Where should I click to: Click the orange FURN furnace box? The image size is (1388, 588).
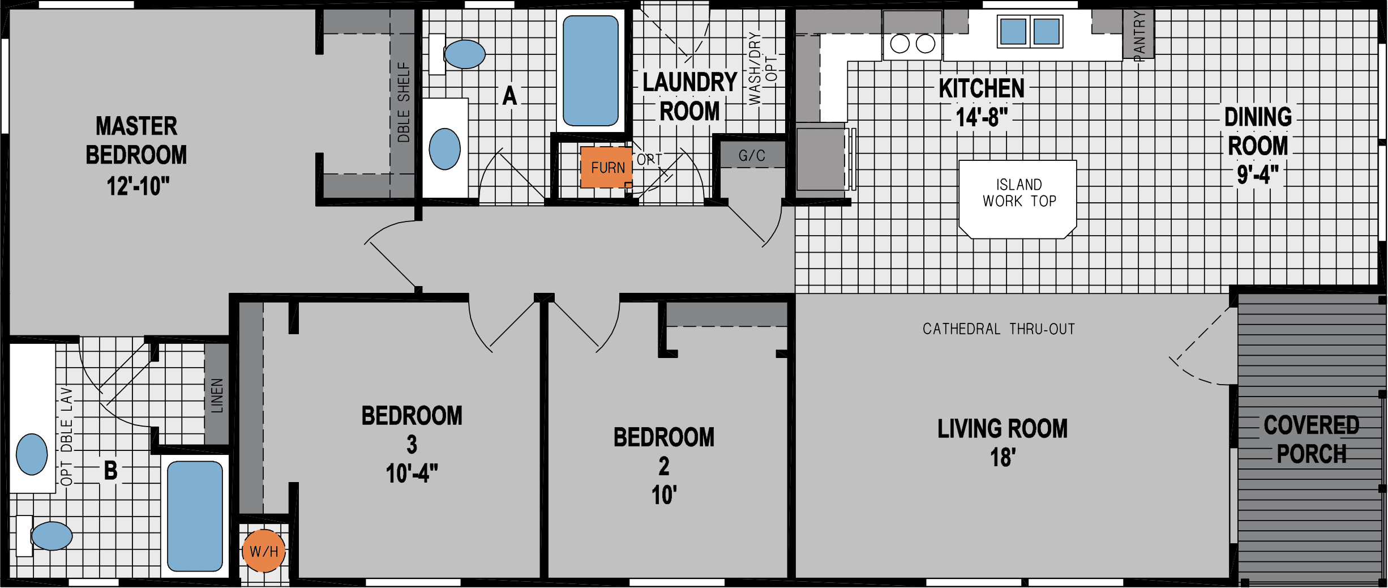[x=606, y=168]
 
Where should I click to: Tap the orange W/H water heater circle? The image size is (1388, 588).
[x=264, y=551]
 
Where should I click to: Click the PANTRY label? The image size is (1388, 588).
[x=1138, y=35]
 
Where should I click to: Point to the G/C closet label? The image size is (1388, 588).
[x=752, y=155]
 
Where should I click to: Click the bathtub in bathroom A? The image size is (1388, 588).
[x=590, y=71]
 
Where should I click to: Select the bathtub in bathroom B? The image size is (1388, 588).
[x=195, y=516]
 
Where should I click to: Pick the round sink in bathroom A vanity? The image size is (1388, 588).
[x=444, y=149]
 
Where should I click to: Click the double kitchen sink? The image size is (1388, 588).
[x=1030, y=32]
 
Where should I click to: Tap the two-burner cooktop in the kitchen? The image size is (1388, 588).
[x=912, y=44]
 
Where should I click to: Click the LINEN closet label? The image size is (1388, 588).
[x=217, y=395]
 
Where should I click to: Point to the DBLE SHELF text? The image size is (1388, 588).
[x=403, y=102]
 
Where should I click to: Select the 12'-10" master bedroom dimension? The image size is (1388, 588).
[x=138, y=186]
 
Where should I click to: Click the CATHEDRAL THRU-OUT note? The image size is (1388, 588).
[x=999, y=329]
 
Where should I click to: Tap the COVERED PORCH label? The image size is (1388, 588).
[x=1311, y=440]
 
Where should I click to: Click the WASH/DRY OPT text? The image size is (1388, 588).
[x=762, y=69]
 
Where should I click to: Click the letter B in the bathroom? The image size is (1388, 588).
[x=110, y=470]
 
